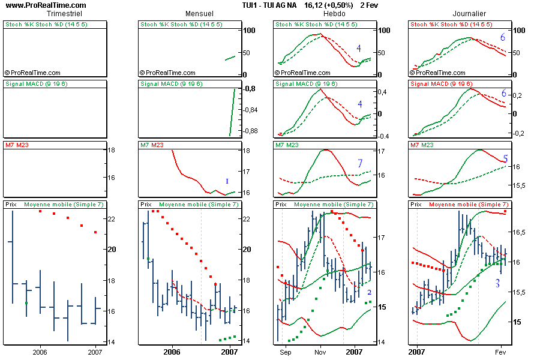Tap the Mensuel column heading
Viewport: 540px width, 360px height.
pyautogui.click(x=199, y=13)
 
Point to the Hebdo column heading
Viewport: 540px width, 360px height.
pyautogui.click(x=334, y=13)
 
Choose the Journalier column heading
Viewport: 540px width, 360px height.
pyautogui.click(x=469, y=13)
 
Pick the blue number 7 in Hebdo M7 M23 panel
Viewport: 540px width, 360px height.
pyautogui.click(x=359, y=163)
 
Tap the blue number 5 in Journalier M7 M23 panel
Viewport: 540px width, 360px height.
pyautogui.click(x=505, y=159)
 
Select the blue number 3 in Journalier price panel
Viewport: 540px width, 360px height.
pyautogui.click(x=497, y=283)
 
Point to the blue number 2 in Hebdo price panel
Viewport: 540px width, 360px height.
pyautogui.click(x=370, y=292)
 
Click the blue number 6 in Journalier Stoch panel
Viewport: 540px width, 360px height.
pyautogui.click(x=503, y=38)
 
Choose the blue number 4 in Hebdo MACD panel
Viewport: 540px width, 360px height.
pyautogui.click(x=359, y=104)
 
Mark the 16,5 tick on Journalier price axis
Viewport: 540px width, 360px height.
pyautogui.click(x=520, y=232)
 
